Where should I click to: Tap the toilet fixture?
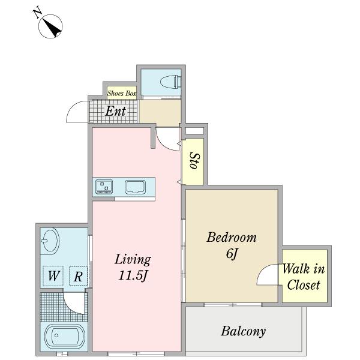170,82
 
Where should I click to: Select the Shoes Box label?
122,93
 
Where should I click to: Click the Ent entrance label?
115,112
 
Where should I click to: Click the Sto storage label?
195,161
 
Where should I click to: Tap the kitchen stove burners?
104,186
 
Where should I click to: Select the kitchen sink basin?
135,187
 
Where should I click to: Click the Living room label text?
133,260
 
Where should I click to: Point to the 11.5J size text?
133,275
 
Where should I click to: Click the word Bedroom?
232,238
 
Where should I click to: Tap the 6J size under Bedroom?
232,254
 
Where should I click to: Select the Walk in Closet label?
304,277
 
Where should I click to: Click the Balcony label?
244,331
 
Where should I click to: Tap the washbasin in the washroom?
50,241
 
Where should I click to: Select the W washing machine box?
53,276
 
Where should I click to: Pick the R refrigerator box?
78,276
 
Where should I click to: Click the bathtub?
65,336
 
